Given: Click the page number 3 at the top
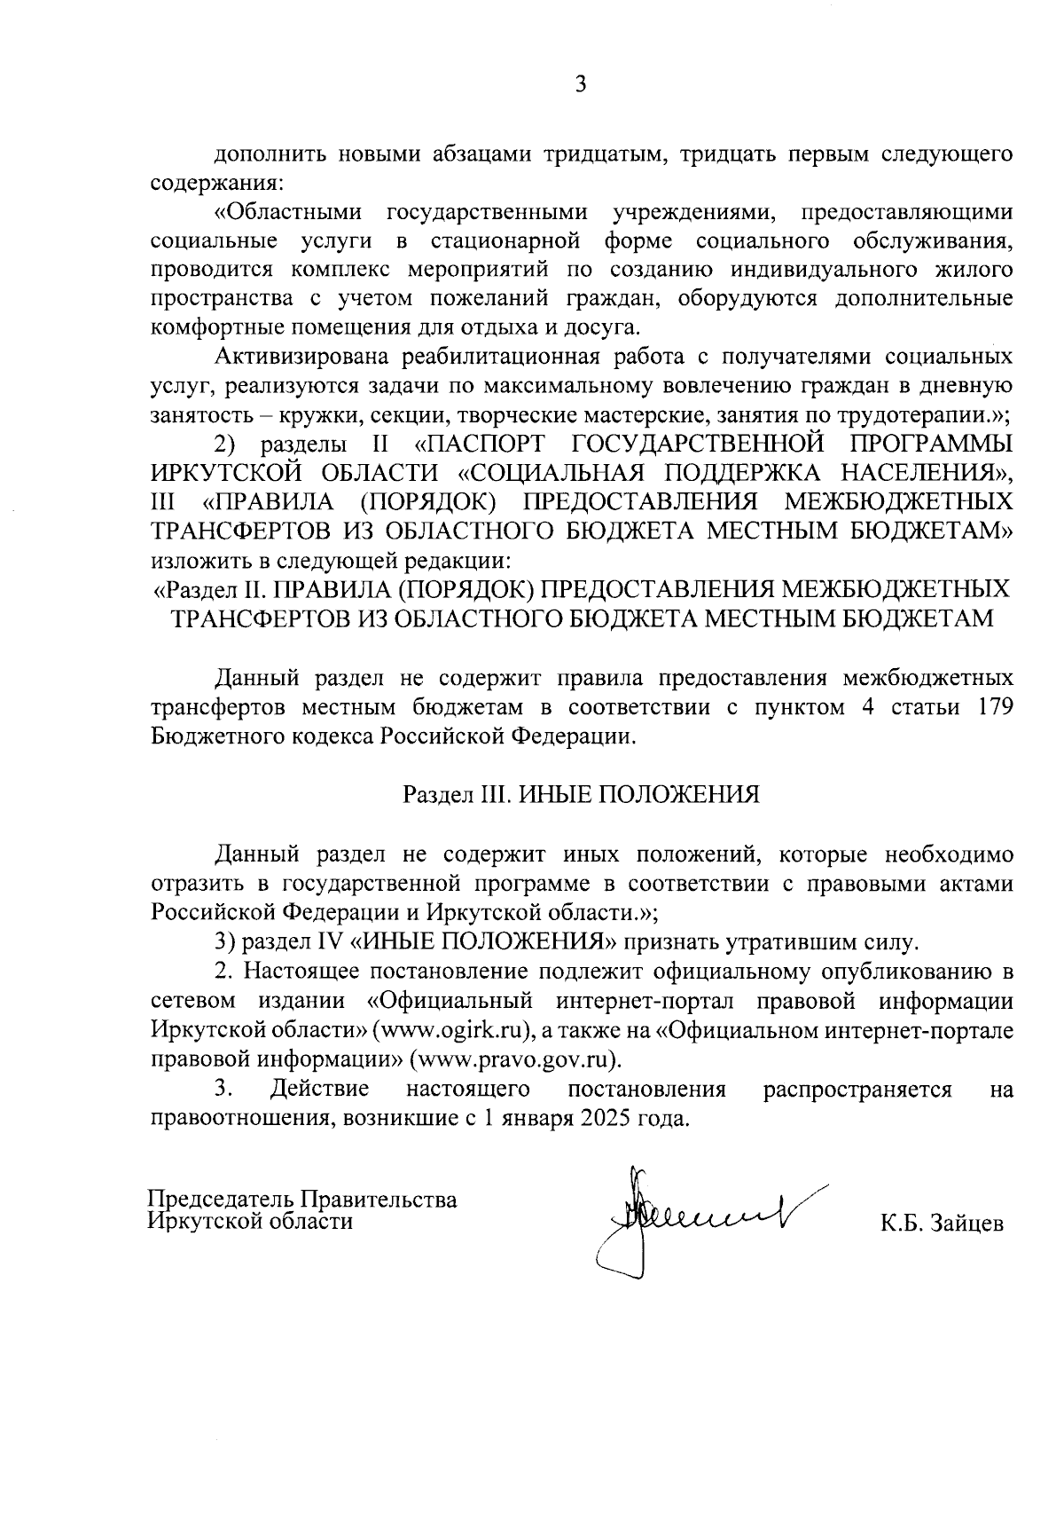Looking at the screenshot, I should (581, 84).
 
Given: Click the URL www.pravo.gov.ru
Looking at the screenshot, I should (515, 1059).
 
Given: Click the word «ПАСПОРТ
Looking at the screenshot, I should (479, 444).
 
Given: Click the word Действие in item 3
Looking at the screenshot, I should (320, 1089).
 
